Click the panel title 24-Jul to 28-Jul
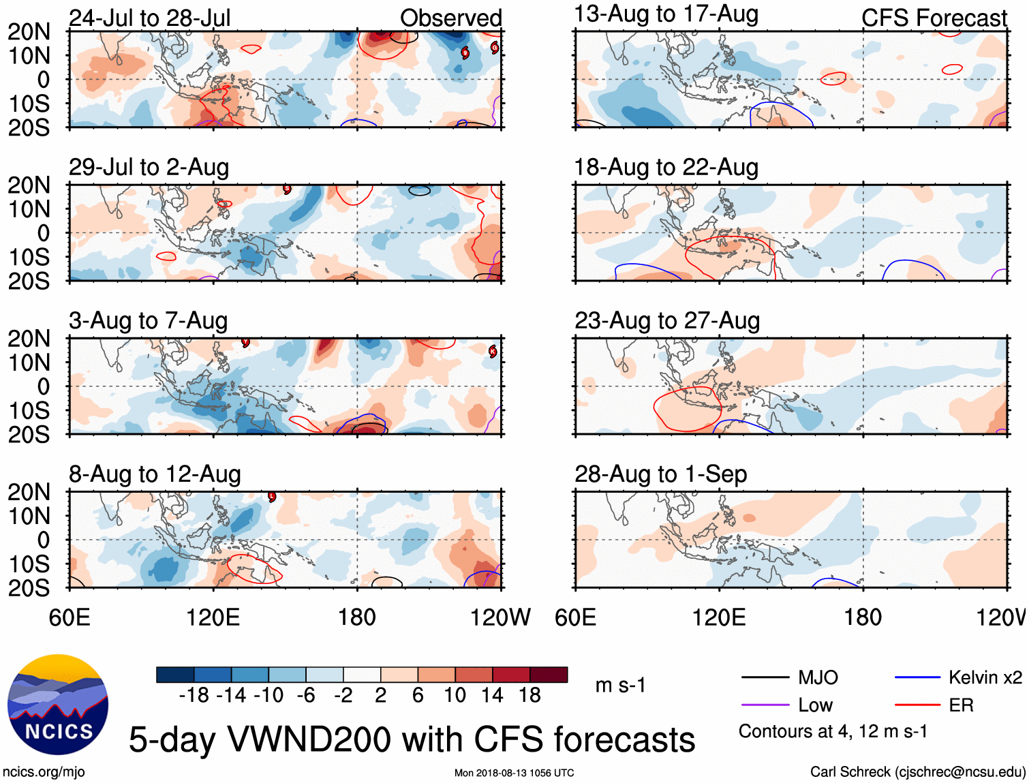pyautogui.click(x=150, y=18)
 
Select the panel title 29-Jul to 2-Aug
pyautogui.click(x=149, y=167)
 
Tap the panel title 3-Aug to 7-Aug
pyautogui.click(x=148, y=320)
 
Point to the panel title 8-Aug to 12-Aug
pyautogui.click(x=155, y=474)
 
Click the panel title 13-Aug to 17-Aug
pyautogui.click(x=666, y=14)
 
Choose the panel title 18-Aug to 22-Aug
pyautogui.click(x=666, y=167)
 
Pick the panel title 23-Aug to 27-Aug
pyautogui.click(x=666, y=320)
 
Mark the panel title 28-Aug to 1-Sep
pyautogui.click(x=660, y=474)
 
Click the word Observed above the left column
pyautogui.click(x=450, y=18)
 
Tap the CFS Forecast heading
pyautogui.click(x=934, y=18)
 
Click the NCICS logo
pyautogui.click(x=58, y=704)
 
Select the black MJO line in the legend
pyautogui.click(x=765, y=677)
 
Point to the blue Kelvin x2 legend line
pyautogui.click(x=917, y=677)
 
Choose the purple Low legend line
pyautogui.click(x=765, y=705)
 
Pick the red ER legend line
pyautogui.click(x=917, y=705)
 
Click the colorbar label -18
pyautogui.click(x=194, y=695)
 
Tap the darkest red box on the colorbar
pyautogui.click(x=549, y=675)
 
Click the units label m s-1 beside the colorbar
pyautogui.click(x=620, y=685)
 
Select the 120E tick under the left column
pyautogui.click(x=213, y=617)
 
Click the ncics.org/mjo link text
pyautogui.click(x=44, y=771)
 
